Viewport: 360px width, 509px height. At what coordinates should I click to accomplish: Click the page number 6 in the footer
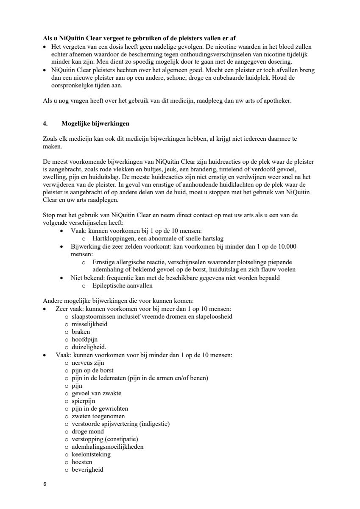[x=44, y=484]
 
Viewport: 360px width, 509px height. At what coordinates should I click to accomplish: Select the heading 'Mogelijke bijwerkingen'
[x=95, y=124]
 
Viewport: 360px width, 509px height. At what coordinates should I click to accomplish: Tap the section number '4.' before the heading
[x=45, y=124]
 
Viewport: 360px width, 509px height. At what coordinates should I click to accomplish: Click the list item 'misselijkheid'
[x=89, y=324]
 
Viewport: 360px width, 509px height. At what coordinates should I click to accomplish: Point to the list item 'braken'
[x=81, y=332]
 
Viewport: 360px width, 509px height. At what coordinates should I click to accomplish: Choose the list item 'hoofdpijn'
[x=84, y=339]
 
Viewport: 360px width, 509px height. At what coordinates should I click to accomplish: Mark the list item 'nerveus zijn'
[x=88, y=363]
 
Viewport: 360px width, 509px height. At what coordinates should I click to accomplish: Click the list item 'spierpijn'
[x=84, y=401]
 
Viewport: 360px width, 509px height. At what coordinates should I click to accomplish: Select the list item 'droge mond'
[x=87, y=431]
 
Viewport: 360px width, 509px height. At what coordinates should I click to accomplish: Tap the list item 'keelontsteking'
[x=91, y=454]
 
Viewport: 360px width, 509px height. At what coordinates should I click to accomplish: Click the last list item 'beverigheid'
[x=87, y=470]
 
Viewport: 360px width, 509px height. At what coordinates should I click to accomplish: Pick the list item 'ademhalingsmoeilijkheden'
[x=108, y=447]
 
